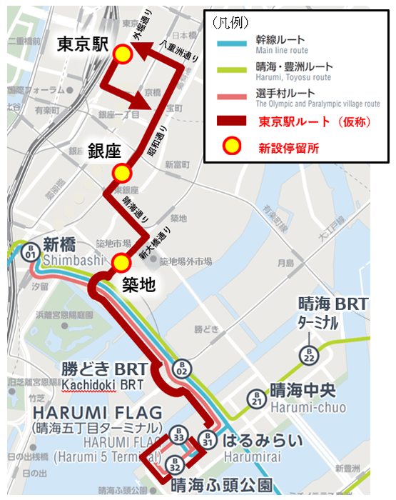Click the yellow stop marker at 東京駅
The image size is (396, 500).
(x=123, y=54)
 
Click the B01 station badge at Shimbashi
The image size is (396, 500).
(x=30, y=253)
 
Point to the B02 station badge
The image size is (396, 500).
(x=181, y=369)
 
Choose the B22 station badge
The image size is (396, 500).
(x=309, y=355)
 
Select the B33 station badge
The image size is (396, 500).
(x=179, y=435)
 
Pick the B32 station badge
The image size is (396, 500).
(x=174, y=465)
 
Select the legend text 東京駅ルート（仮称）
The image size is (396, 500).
(x=314, y=121)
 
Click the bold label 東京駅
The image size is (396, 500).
(x=83, y=44)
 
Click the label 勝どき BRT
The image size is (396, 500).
(x=105, y=369)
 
